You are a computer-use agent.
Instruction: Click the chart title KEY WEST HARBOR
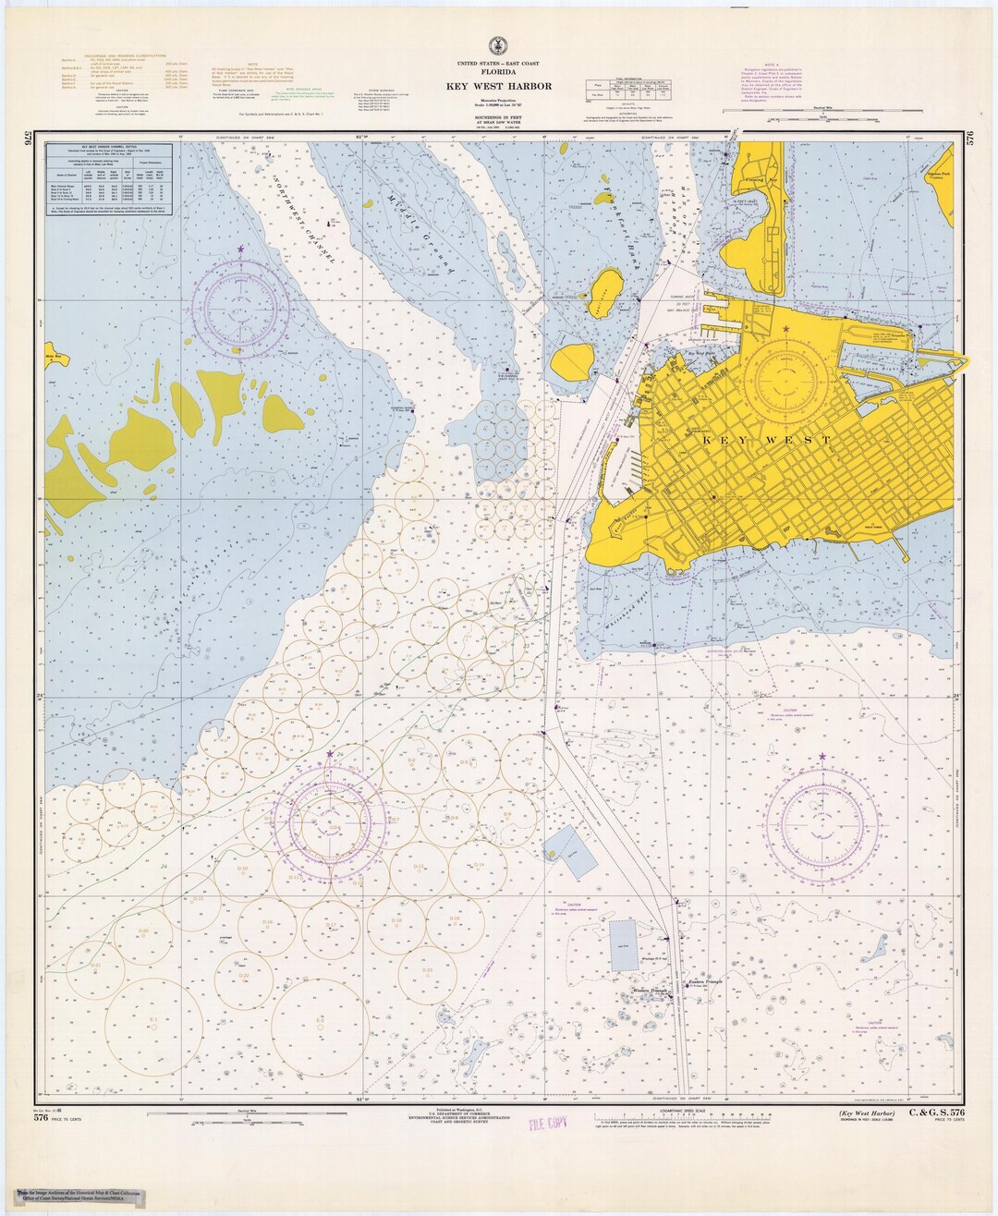click(x=498, y=87)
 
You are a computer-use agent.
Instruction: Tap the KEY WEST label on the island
click(x=766, y=441)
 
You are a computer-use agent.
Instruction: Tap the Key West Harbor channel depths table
click(x=110, y=181)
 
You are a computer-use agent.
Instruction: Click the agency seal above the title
click(x=498, y=45)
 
